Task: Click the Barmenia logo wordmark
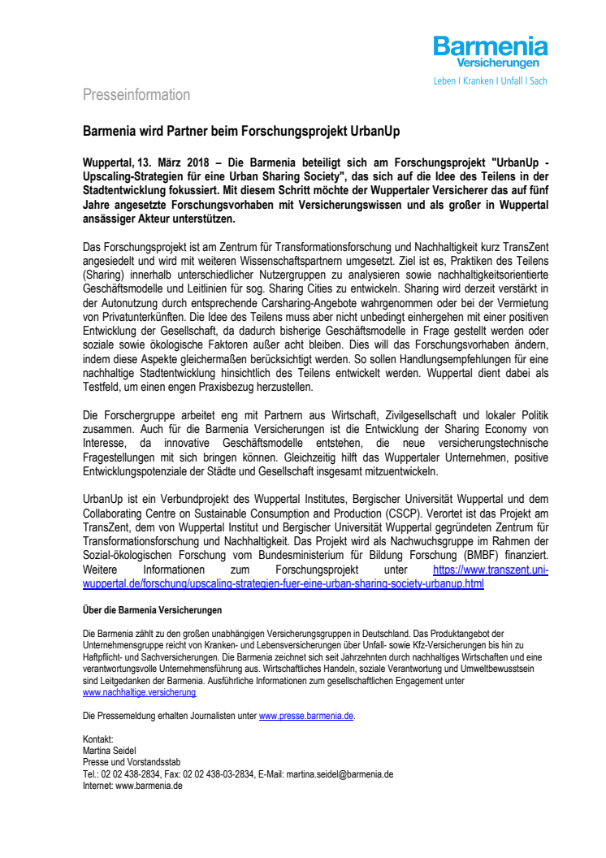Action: click(x=490, y=46)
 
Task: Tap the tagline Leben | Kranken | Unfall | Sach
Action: click(x=490, y=81)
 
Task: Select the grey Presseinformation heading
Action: click(x=136, y=95)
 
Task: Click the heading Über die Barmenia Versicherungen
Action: click(x=153, y=609)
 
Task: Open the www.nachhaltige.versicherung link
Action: click(x=140, y=693)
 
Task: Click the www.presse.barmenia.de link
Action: click(x=306, y=716)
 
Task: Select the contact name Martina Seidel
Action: click(x=110, y=751)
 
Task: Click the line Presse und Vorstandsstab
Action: click(x=132, y=762)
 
